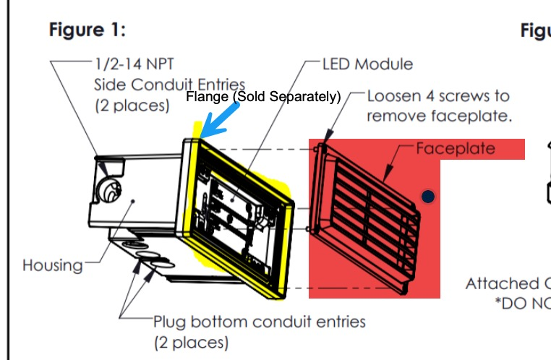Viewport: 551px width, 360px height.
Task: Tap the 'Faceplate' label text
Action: tap(456, 148)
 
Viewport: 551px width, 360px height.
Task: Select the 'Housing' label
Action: tap(52, 265)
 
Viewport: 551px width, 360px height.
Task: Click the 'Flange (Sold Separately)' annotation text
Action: tap(263, 97)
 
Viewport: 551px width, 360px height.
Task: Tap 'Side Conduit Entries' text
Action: tap(169, 85)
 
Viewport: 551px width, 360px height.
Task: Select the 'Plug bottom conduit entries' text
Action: tap(259, 321)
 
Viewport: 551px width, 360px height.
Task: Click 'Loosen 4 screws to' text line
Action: tap(438, 96)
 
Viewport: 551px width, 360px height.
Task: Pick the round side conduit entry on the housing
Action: tap(111, 191)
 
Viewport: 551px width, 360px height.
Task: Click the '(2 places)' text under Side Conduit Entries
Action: tap(132, 105)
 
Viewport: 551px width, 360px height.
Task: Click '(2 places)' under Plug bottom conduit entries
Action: tap(191, 341)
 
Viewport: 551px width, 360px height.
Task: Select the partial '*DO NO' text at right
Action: tap(522, 304)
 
